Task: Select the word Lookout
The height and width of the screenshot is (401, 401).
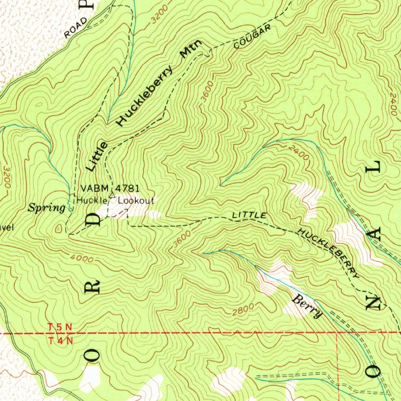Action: click(x=136, y=200)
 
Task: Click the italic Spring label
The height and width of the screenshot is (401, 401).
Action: click(x=46, y=208)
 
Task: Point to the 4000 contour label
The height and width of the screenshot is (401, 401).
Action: click(x=83, y=259)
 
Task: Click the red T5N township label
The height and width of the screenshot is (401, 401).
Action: click(x=60, y=326)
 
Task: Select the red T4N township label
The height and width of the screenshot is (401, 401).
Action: click(x=61, y=340)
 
